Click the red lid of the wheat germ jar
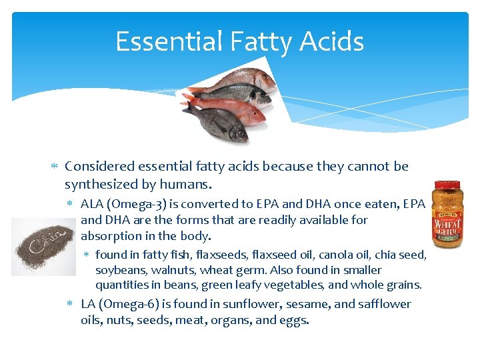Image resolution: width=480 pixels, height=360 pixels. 447,184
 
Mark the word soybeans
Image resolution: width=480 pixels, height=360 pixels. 119,270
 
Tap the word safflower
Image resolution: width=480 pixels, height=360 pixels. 382,304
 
